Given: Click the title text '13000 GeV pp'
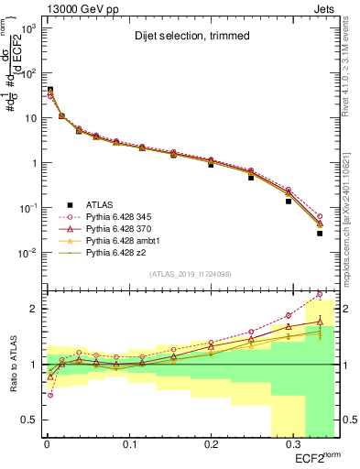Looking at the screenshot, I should click(70, 7).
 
